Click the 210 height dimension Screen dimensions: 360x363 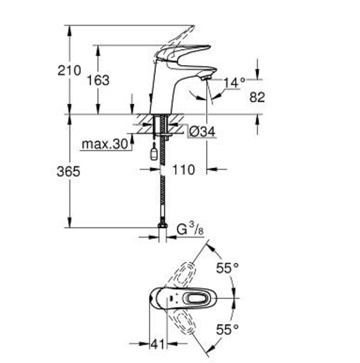point(69,70)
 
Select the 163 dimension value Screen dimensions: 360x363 point(98,80)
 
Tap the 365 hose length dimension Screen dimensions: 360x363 point(68,172)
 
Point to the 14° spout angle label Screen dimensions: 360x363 point(234,83)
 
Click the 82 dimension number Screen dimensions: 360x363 point(257,97)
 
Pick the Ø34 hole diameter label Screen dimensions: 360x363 point(202,132)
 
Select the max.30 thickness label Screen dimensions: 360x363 point(105,144)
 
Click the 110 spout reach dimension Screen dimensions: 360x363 point(184,170)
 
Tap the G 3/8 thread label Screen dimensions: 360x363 point(190,229)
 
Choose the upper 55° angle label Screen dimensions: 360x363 point(227,268)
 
